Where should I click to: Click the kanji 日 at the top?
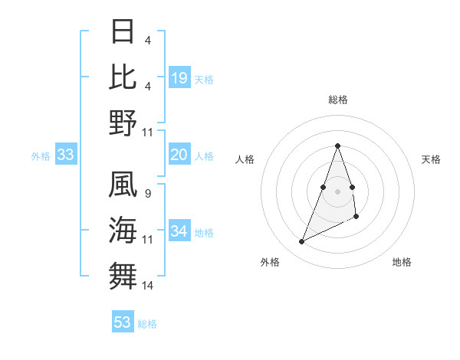[123, 31]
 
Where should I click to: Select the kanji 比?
[123, 77]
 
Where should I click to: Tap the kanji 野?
[123, 123]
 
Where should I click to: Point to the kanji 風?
[123, 185]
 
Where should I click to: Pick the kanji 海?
[123, 231]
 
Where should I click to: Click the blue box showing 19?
[179, 78]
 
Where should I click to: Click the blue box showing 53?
[123, 322]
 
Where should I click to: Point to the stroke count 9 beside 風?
[147, 193]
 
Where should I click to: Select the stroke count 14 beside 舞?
[148, 286]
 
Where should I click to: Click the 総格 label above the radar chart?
[337, 100]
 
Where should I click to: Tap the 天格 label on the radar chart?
[431, 159]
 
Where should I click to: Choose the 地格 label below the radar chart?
[402, 262]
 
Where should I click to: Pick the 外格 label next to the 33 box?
[41, 156]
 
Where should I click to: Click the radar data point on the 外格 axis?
[301, 242]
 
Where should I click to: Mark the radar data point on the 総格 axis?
[337, 146]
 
